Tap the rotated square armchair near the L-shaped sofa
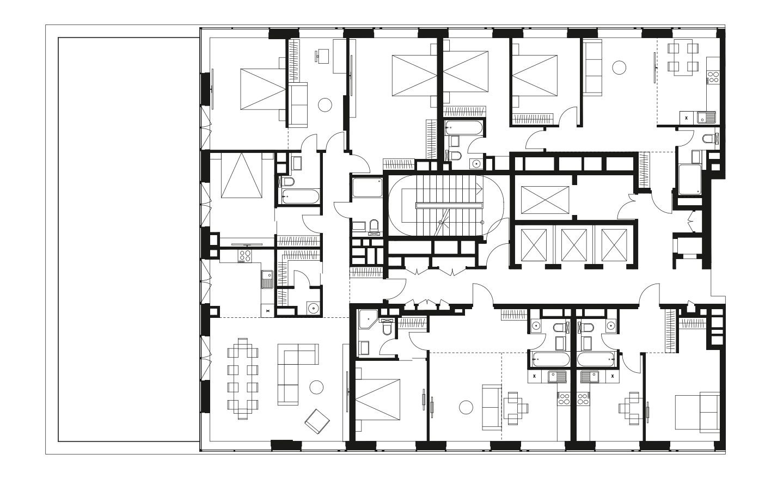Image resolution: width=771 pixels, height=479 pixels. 317,420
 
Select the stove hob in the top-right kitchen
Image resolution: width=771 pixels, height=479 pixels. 713,78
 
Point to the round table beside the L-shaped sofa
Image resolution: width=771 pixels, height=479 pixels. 316,387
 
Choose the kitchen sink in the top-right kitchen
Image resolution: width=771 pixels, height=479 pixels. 707,116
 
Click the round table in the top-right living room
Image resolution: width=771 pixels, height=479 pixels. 619,67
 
